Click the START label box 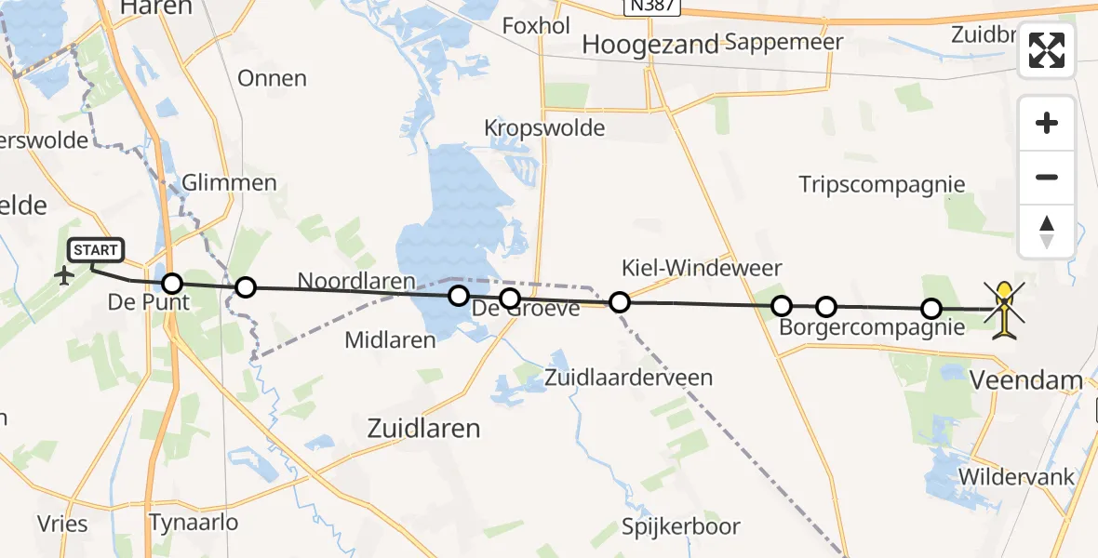96,250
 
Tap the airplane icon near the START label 64,276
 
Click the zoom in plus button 1047,123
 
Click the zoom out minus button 1047,177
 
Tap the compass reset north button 1047,231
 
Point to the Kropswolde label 544,128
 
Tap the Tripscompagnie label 882,184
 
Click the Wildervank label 1016,477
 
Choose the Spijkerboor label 682,526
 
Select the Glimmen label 230,182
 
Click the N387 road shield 652,7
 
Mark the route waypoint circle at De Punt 172,283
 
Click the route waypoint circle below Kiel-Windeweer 619,301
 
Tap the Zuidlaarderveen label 629,378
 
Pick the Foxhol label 536,26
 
